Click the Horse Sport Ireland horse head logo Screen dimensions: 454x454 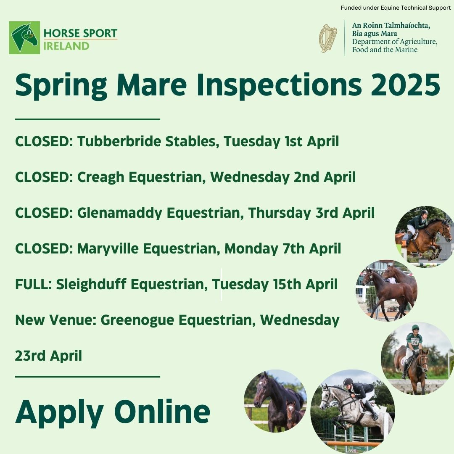[x=25, y=38]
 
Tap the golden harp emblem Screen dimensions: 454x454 [x=328, y=38]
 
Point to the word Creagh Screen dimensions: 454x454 [x=100, y=177]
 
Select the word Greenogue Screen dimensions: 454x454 [x=137, y=320]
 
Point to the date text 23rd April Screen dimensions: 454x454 [x=48, y=356]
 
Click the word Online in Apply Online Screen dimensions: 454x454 [x=162, y=412]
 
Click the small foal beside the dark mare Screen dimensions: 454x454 [x=292, y=414]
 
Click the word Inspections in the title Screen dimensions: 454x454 [x=279, y=85]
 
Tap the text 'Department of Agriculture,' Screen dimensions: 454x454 [x=395, y=42]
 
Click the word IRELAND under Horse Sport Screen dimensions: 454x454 [x=66, y=46]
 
